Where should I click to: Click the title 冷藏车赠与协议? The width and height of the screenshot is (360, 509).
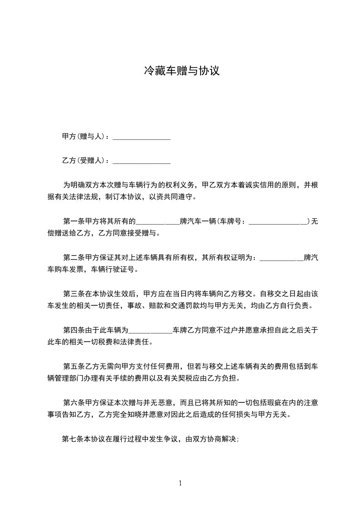click(x=182, y=71)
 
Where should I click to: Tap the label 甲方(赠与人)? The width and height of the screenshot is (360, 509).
click(x=84, y=136)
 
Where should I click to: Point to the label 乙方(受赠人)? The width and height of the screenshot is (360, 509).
click(x=84, y=161)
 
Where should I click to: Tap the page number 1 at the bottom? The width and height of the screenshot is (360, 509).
click(x=180, y=483)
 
